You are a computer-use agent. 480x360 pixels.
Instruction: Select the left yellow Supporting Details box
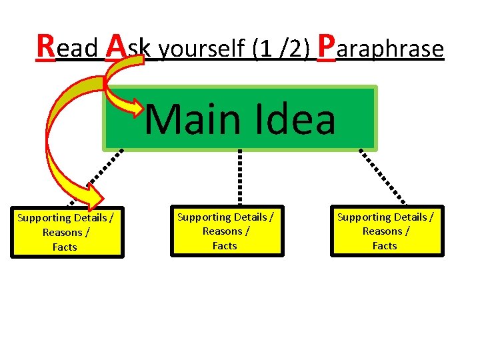(65, 232)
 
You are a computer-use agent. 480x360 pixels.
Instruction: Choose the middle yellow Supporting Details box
(225, 231)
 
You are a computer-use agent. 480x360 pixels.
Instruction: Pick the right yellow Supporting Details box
(385, 231)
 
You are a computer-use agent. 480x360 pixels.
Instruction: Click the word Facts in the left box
(65, 247)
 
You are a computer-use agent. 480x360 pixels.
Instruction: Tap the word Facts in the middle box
(225, 246)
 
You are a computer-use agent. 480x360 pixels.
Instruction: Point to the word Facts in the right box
(385, 246)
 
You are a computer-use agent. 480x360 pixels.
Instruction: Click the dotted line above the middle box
(240, 177)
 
